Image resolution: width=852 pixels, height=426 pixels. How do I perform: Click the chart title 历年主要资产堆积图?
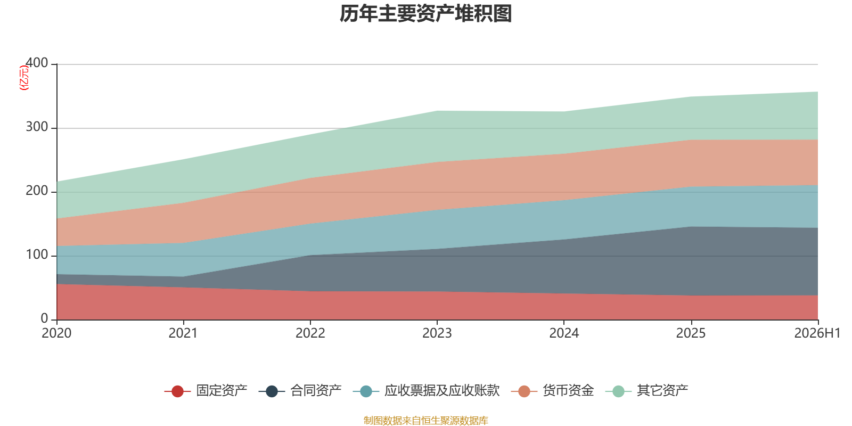(425, 14)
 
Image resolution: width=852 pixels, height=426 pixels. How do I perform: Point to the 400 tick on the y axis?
(37, 63)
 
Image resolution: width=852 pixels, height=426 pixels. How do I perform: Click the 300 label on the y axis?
(37, 127)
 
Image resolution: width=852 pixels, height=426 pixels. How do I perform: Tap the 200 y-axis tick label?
(37, 191)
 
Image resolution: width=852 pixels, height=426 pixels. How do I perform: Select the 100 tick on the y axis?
(37, 255)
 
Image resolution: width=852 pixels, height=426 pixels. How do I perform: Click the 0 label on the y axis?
(45, 319)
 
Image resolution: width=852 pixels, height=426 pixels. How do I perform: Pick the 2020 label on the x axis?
(56, 333)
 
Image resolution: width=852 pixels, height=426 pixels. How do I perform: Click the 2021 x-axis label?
(183, 333)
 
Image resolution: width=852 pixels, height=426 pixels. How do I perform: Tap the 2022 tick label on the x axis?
(310, 333)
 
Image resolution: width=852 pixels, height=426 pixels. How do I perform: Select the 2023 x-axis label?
(437, 333)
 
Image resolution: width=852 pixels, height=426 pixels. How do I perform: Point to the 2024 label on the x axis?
(564, 333)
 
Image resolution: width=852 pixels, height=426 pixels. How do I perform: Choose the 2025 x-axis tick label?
(691, 333)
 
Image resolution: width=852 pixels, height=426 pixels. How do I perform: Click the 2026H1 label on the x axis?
(817, 333)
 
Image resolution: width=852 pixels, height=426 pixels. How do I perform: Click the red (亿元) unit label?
(24, 78)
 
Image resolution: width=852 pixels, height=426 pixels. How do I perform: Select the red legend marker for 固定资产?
(178, 391)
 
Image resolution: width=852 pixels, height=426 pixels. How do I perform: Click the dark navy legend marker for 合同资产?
(272, 391)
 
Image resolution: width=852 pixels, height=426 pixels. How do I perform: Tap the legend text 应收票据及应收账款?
(442, 391)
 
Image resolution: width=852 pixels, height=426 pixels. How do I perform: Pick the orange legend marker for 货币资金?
(524, 391)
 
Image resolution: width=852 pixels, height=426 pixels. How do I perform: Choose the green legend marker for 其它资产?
(618, 391)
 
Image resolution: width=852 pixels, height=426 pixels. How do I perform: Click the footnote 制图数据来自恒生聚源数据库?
(425, 420)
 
